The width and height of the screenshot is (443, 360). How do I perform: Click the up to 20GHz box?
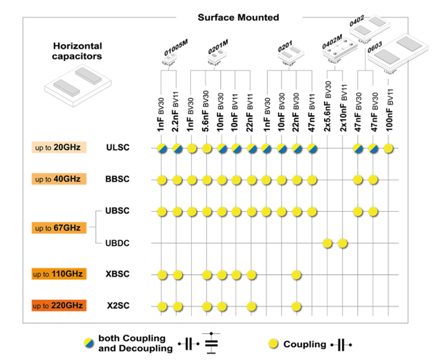[x=57, y=148]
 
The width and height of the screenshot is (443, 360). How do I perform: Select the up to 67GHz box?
[x=57, y=228]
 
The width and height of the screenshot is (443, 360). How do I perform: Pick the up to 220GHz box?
[x=57, y=306]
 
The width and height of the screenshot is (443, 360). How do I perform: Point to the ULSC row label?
[x=118, y=148]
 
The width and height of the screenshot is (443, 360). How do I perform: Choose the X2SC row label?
[x=118, y=306]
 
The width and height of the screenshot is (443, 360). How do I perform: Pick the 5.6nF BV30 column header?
[x=207, y=110]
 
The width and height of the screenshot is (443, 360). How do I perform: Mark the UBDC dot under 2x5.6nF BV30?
[x=328, y=242]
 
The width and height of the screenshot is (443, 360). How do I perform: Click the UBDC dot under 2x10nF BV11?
[x=343, y=242]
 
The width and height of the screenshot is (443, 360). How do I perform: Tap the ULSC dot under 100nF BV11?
[x=389, y=148]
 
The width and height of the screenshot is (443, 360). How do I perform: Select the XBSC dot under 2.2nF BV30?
[x=176, y=274]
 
